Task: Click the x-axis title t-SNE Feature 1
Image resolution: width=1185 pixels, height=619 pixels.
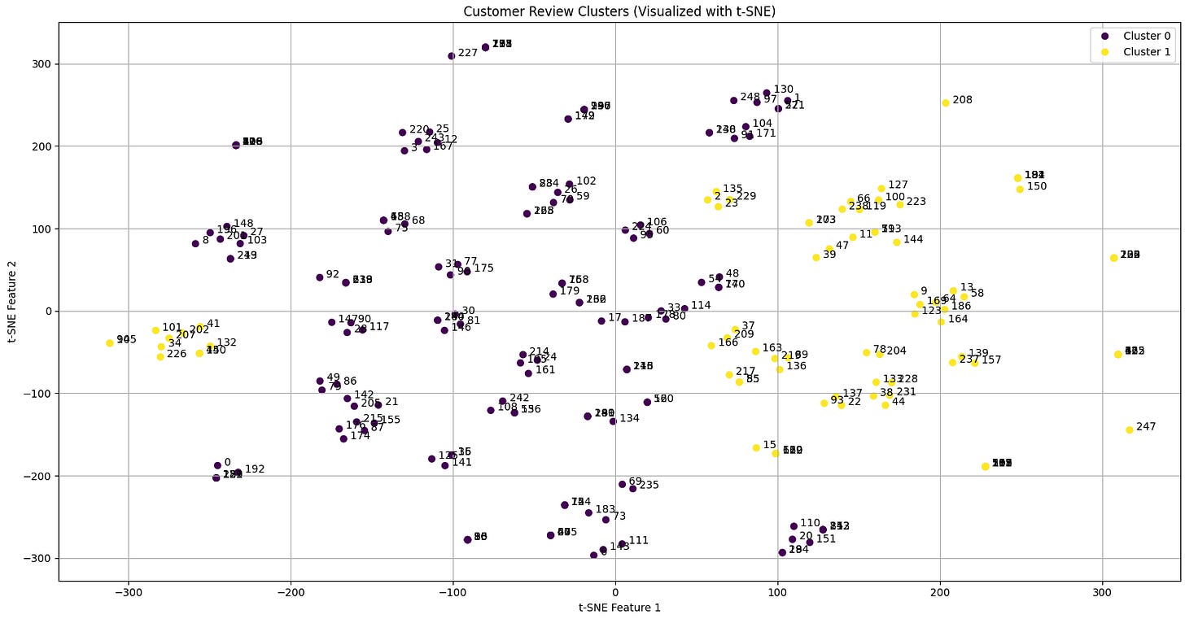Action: click(x=619, y=607)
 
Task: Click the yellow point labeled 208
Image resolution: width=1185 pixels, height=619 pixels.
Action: click(x=946, y=103)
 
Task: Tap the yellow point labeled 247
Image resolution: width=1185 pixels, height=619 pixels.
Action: click(x=1130, y=429)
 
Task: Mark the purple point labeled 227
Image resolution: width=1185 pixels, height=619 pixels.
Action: click(x=452, y=56)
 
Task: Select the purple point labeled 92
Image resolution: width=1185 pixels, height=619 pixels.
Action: click(x=320, y=277)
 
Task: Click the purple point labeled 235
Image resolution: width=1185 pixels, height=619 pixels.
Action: click(x=632, y=488)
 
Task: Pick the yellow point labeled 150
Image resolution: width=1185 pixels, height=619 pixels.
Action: click(x=1020, y=190)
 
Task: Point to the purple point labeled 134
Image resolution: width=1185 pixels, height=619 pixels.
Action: click(x=613, y=421)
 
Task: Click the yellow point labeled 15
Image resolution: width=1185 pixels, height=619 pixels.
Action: click(x=756, y=447)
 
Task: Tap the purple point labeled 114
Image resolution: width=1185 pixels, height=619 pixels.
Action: click(x=684, y=308)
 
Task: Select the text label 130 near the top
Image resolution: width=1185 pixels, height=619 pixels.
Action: click(x=783, y=89)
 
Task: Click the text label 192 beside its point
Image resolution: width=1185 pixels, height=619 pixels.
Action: click(x=255, y=469)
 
